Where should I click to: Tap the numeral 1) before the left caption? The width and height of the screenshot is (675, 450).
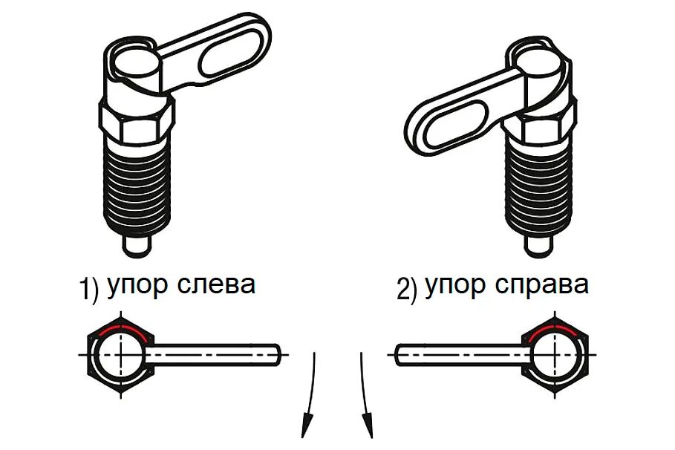point(88,289)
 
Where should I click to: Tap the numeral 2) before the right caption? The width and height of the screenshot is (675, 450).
point(407,289)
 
